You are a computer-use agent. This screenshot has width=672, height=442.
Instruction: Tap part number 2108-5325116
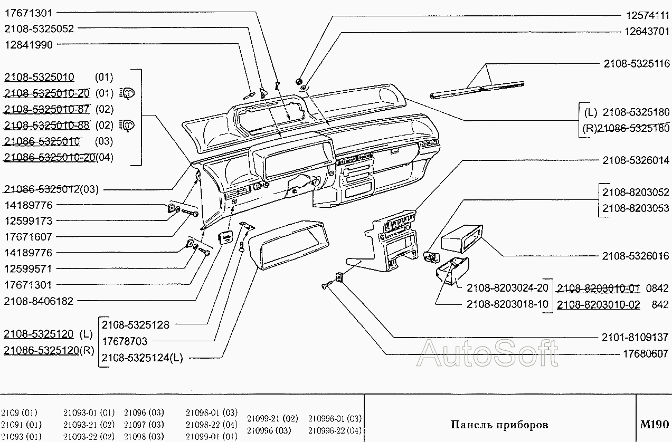[x=636, y=64]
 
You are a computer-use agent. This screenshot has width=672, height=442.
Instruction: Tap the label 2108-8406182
[x=39, y=301]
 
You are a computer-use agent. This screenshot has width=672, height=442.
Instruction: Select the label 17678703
[x=125, y=341]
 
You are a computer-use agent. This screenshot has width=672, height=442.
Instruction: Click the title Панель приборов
[x=499, y=425]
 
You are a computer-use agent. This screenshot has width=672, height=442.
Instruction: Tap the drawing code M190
[x=654, y=425]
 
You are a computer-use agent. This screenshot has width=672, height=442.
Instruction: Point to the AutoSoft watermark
[x=487, y=353]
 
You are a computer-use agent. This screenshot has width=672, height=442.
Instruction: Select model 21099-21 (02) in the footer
[x=272, y=419]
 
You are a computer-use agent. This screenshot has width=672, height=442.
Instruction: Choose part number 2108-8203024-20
[x=507, y=288]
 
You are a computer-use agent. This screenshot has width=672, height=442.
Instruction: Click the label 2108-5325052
[x=39, y=28]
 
